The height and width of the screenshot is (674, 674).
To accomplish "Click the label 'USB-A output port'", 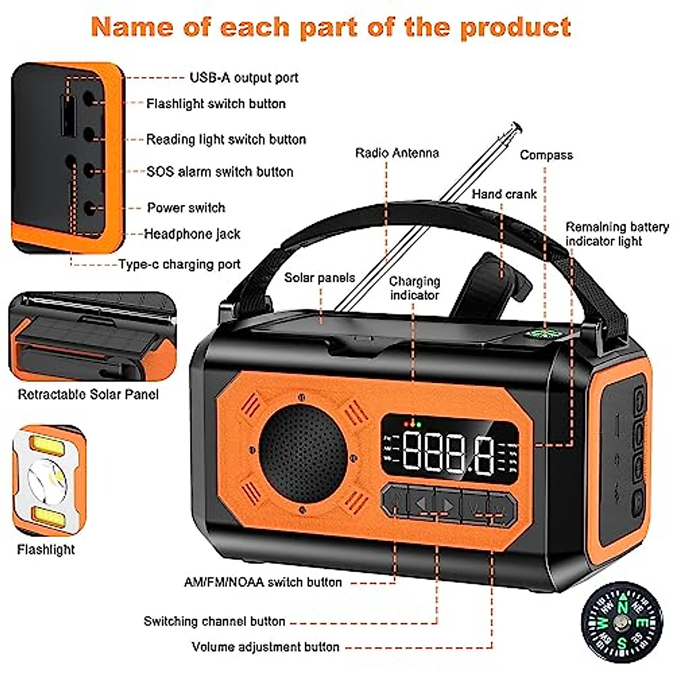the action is tap(244, 78).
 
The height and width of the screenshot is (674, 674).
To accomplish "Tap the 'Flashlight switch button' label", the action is tap(216, 104).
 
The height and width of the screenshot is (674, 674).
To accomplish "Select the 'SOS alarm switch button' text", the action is tap(220, 172).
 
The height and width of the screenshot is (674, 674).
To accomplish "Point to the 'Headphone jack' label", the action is tap(192, 234).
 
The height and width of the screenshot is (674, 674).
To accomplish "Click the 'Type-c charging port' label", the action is tap(179, 265).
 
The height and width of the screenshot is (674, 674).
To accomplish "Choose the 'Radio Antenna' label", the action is tap(397, 153).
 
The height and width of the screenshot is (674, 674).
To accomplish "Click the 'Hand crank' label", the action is tap(504, 194).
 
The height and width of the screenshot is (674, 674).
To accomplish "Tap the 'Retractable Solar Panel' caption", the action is tap(88, 394).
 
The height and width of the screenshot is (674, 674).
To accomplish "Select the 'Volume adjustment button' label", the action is tap(265, 647).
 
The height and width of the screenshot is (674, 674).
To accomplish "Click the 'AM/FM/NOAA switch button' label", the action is tap(263, 582).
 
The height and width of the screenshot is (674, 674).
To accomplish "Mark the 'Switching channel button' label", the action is tap(215, 621).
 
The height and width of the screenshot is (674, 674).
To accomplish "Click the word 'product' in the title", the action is tap(515, 27).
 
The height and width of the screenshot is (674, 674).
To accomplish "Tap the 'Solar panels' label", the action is tap(319, 277).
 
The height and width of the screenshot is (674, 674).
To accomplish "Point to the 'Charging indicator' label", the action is tap(415, 288).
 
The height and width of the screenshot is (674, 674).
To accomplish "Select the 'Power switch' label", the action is tap(186, 208).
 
